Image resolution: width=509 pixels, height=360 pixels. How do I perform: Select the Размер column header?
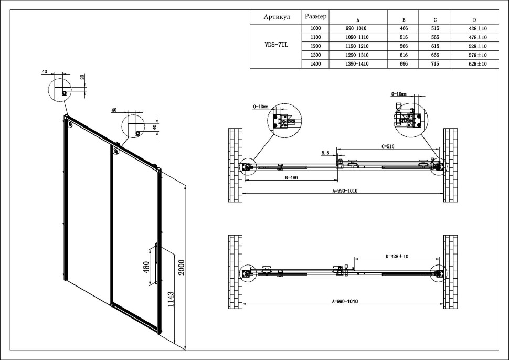(316, 16)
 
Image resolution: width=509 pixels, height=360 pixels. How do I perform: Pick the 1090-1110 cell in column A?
(357, 37)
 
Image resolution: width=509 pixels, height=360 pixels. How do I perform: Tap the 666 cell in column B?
(404, 63)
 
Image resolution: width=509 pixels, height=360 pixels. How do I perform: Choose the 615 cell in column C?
(435, 46)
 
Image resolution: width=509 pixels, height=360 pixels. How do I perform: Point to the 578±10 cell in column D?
(478, 55)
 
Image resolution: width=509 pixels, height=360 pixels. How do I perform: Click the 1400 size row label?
(316, 63)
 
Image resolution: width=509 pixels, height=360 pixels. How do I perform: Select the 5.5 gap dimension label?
(325, 153)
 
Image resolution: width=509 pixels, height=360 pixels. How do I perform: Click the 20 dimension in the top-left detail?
(82, 77)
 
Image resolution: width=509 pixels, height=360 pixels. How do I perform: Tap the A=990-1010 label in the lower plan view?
(345, 302)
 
